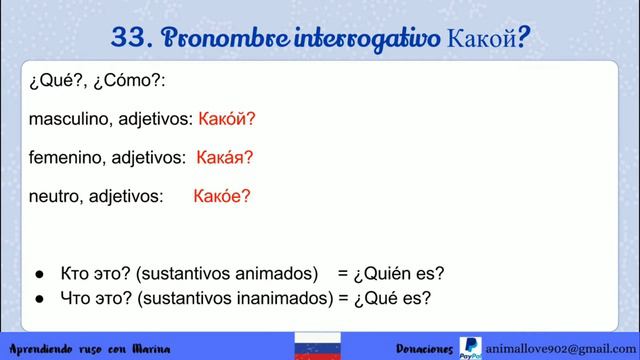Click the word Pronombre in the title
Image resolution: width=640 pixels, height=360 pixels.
(209, 38)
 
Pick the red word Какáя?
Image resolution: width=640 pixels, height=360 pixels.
(225, 157)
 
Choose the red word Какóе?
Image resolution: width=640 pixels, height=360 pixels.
(222, 196)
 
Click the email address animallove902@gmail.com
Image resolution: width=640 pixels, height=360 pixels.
(558, 344)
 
